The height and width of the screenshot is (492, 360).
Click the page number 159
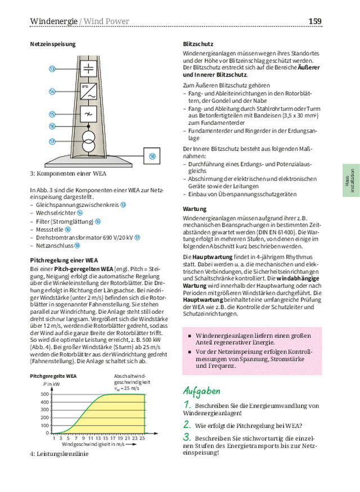315,21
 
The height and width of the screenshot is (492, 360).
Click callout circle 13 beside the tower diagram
52,69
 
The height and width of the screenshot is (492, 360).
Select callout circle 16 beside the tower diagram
52,127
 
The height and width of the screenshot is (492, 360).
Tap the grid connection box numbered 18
152,155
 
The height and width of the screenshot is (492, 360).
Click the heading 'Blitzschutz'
196,44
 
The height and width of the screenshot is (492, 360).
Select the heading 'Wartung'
194,209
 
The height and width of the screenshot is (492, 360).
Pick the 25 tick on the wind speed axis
142,437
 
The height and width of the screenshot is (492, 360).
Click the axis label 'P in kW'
51,383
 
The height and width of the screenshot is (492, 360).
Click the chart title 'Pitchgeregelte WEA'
53,375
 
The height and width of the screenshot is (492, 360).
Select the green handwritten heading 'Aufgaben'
202,391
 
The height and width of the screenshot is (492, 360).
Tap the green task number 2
187,425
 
